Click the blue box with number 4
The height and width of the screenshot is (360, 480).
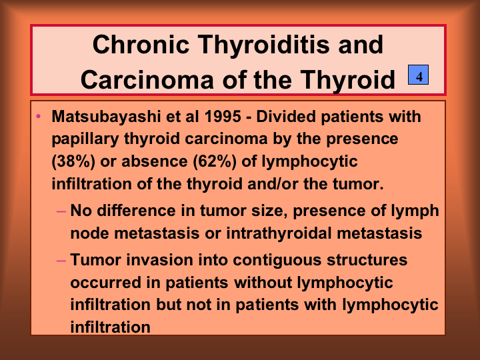tap(418, 75)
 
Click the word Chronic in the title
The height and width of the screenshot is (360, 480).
tap(141, 45)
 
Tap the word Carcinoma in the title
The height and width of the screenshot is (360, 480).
tap(147, 79)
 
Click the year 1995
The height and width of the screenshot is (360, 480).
tap(223, 117)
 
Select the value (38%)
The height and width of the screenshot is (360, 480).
tap(73, 161)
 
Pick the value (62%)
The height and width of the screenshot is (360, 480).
tap(215, 161)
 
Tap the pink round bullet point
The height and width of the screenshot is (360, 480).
tap(38, 116)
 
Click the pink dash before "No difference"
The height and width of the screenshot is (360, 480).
tap(61, 211)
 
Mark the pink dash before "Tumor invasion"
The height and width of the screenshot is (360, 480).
tap(61, 261)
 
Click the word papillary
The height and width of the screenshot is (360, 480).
tap(85, 139)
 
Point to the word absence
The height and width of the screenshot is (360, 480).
tap(155, 161)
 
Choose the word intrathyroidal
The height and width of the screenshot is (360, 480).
tap(279, 233)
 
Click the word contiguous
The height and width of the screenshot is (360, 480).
tap(277, 261)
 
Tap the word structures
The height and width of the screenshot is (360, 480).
tap(367, 260)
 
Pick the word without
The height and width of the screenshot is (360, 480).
tap(263, 282)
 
